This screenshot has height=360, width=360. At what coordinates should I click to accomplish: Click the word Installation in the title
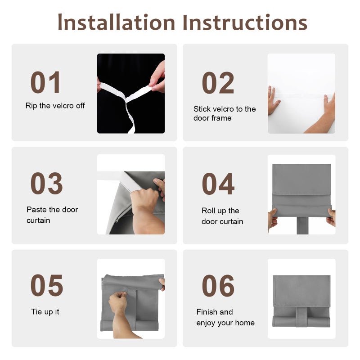117,22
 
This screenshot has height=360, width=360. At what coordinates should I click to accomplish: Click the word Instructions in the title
245,22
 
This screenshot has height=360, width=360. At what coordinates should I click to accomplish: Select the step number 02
218,83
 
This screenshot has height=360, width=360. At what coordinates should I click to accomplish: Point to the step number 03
47,183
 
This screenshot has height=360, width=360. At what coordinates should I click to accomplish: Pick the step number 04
218,184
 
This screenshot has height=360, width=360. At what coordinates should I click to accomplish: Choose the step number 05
47,285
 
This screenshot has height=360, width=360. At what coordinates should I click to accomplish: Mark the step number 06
218,286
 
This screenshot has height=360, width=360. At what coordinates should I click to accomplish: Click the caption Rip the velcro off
55,106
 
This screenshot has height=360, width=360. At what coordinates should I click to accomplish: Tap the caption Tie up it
45,312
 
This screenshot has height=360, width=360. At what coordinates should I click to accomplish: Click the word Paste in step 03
37,209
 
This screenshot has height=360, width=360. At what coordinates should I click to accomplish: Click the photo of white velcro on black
131,94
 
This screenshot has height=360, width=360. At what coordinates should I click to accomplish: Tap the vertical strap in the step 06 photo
301,316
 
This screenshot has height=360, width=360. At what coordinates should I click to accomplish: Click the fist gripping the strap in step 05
118,301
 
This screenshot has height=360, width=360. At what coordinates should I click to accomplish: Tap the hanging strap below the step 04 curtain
302,225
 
